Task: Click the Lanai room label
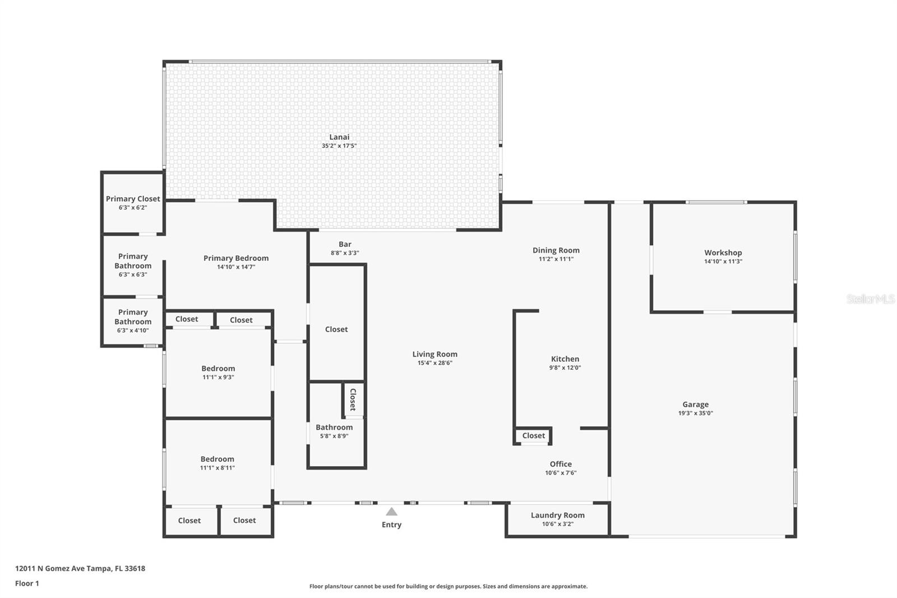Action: click(339, 137)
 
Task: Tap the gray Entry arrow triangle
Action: click(392, 512)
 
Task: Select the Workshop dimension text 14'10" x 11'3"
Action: click(723, 261)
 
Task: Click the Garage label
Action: click(696, 404)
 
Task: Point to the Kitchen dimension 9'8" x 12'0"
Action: click(565, 367)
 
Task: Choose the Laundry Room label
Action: click(558, 515)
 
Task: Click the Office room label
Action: click(561, 464)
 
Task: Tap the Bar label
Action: click(345, 244)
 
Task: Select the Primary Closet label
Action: click(133, 199)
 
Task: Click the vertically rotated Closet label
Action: click(353, 399)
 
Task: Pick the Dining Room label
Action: click(556, 250)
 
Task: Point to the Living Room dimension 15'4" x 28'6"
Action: click(435, 363)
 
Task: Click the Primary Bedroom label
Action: click(236, 258)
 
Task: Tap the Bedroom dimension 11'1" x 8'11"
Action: click(218, 468)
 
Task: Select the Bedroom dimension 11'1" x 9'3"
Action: click(218, 377)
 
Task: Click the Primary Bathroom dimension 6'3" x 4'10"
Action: click(133, 330)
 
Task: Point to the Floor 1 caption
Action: click(27, 583)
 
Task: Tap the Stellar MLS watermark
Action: click(871, 298)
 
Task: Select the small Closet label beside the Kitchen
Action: click(533, 435)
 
